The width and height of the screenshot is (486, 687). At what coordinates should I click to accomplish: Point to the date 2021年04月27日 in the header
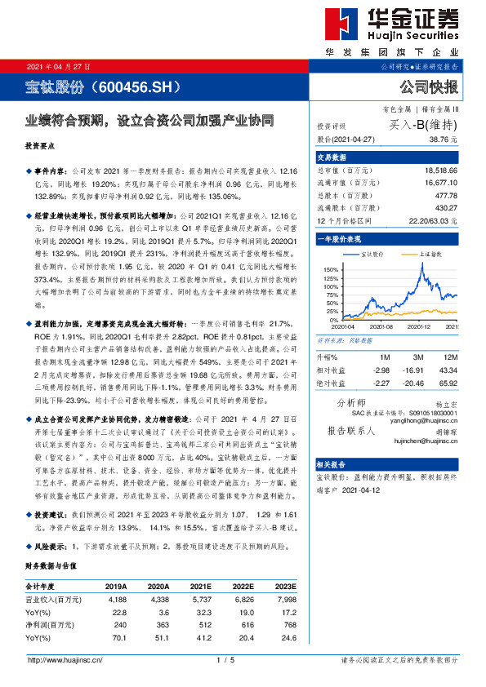59,66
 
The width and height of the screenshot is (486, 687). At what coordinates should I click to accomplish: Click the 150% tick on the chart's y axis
328,268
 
